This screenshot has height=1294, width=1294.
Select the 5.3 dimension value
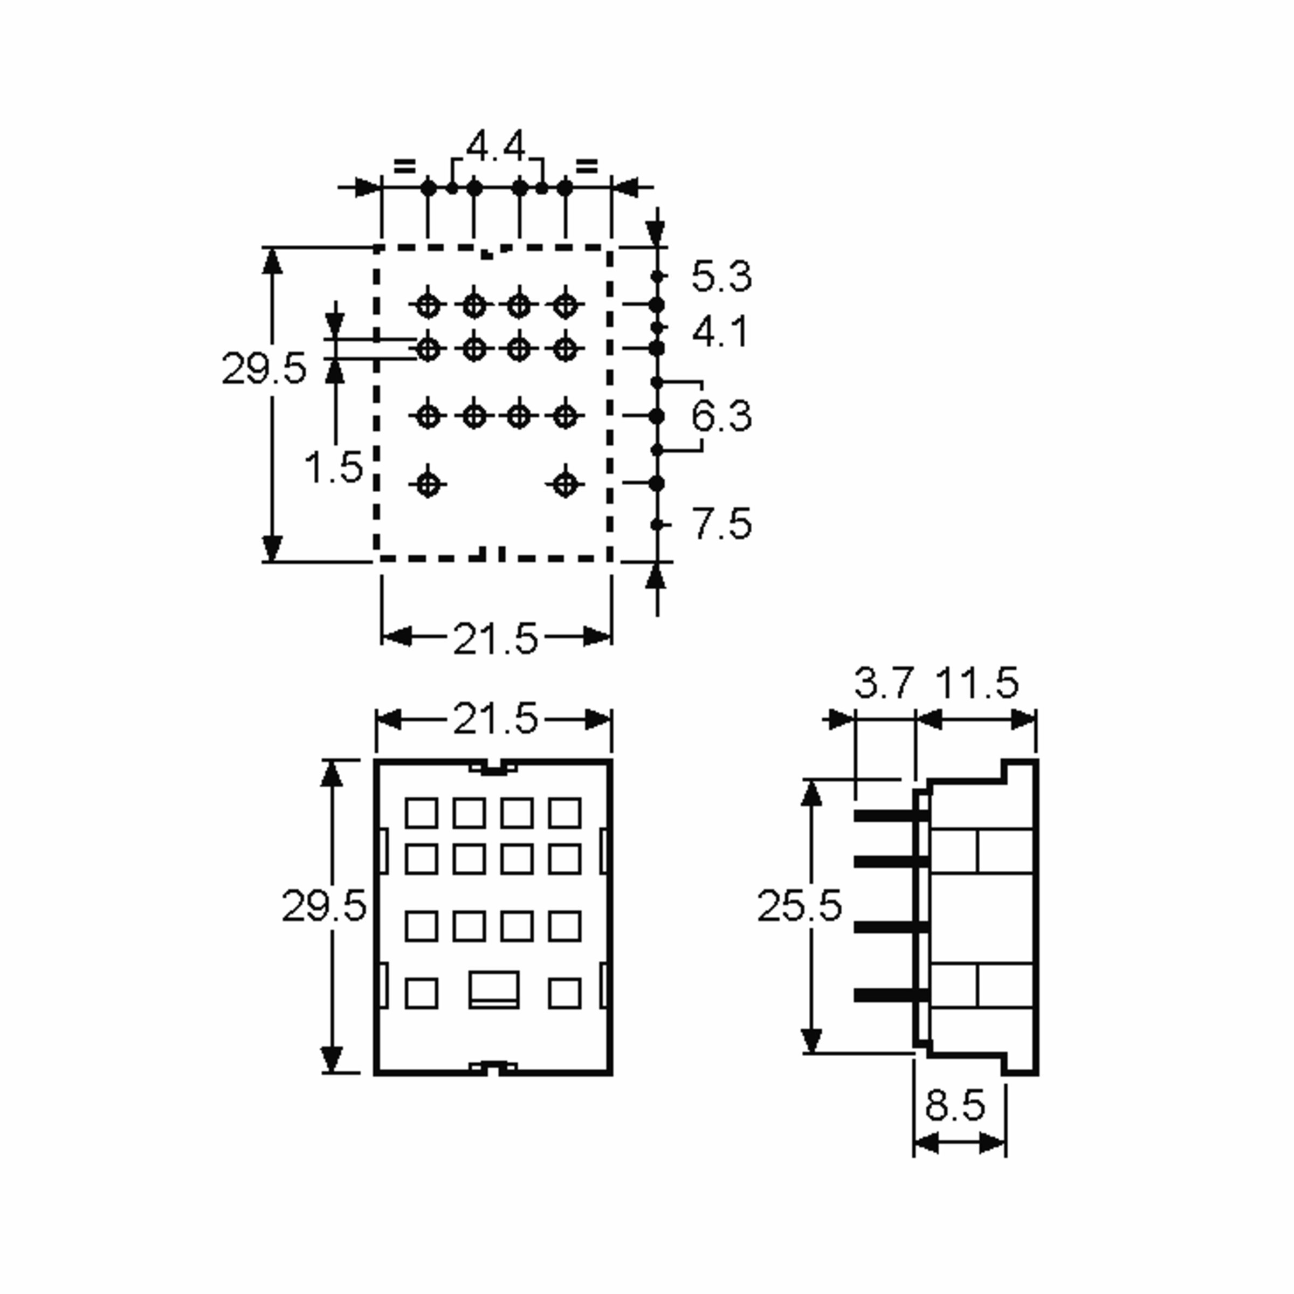(x=721, y=276)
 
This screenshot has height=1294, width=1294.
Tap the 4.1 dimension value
(x=719, y=332)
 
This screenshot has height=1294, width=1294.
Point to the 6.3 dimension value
(x=721, y=416)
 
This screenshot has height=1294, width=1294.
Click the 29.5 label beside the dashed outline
(x=263, y=368)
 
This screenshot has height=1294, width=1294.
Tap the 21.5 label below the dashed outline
(x=495, y=638)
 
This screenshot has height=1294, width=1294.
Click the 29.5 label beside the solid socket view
(x=323, y=906)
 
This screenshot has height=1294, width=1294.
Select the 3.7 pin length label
(x=884, y=683)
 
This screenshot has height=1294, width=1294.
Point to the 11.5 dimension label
(x=976, y=683)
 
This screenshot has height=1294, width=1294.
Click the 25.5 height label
(x=799, y=906)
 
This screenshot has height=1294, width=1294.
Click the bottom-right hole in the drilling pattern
(x=565, y=483)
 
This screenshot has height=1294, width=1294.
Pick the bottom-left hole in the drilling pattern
(x=429, y=483)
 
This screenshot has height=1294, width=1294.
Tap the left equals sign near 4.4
(x=404, y=165)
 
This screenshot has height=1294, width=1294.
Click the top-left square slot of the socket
(x=421, y=813)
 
